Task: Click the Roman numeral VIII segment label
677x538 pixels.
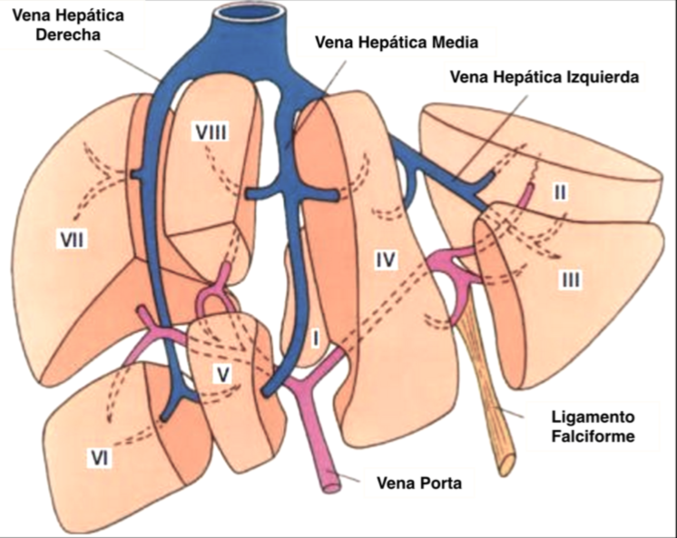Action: [x=210, y=132]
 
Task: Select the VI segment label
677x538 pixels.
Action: [x=99, y=460]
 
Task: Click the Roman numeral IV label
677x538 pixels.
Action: [x=386, y=261]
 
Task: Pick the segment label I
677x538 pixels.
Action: [x=316, y=339]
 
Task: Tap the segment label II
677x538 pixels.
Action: [x=560, y=192]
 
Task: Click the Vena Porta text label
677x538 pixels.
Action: [x=419, y=484]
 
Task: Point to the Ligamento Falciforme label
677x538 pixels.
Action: [x=591, y=427]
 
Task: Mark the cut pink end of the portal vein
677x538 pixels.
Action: [x=329, y=483]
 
